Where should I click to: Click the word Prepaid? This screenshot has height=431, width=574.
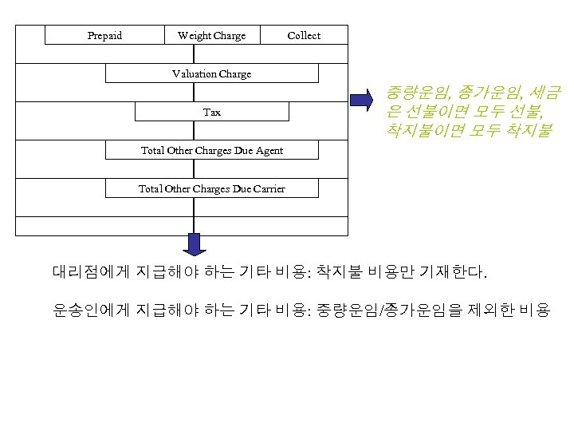(104, 35)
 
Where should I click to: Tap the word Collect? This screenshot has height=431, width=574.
(304, 35)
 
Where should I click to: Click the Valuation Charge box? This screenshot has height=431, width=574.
(211, 73)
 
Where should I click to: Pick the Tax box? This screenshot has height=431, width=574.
(211, 112)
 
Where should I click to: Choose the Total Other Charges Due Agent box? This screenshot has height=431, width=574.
(211, 150)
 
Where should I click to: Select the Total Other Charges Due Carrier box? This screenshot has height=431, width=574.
(211, 188)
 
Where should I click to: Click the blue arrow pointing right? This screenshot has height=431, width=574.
(363, 99)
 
